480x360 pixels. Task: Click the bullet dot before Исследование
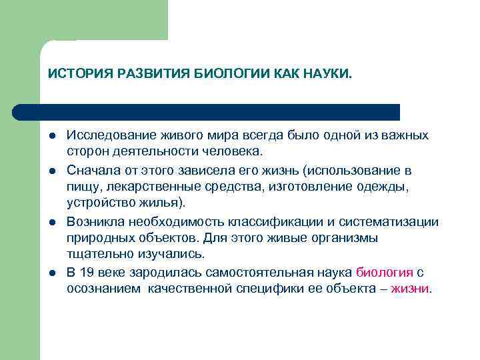tap(51, 136)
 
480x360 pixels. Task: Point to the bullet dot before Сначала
tap(51, 171)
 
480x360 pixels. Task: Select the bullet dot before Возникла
tap(51, 222)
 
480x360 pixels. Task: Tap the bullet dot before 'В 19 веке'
tap(51, 273)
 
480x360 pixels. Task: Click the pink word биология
tap(384, 273)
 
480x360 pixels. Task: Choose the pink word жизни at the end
tap(410, 290)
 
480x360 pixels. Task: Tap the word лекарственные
tap(141, 187)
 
